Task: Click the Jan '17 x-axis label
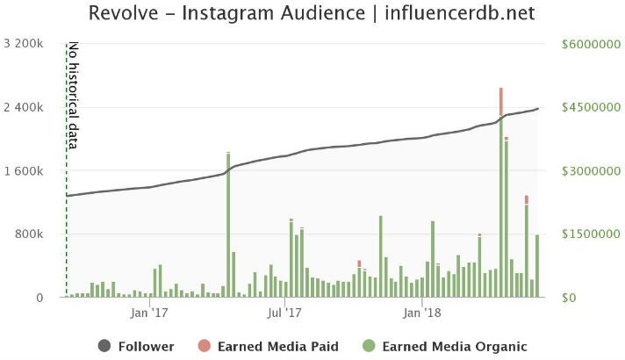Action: pos(148,312)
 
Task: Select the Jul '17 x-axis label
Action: pos(284,312)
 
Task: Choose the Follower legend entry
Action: pos(135,346)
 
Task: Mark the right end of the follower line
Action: pos(537,109)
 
